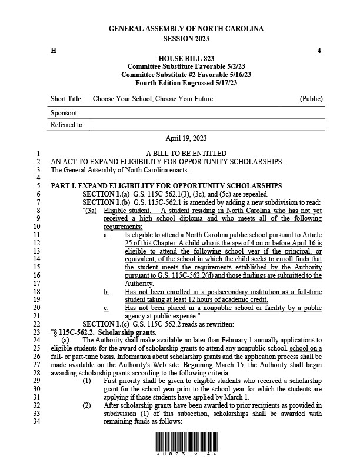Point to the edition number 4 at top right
pos(319,51)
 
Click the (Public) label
pos(311,99)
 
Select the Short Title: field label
pos(66,99)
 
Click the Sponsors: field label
pos(65,112)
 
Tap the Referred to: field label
pos(68,125)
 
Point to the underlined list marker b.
pos(106,291)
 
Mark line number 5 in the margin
pos(37,186)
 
